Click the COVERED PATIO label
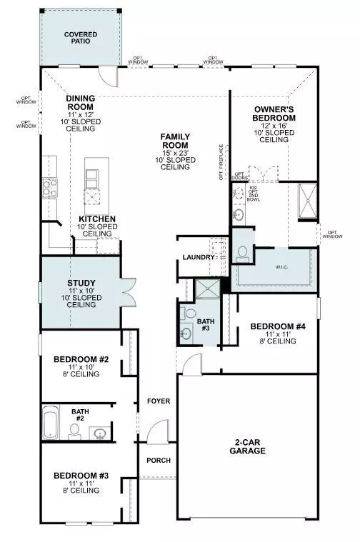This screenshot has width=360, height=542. click(x=81, y=38)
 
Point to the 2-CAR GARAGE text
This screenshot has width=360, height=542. click(x=249, y=446)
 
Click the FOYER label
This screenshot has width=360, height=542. click(x=159, y=401)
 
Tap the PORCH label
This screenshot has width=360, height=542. click(x=159, y=460)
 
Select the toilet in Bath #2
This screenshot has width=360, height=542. click(x=74, y=429)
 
